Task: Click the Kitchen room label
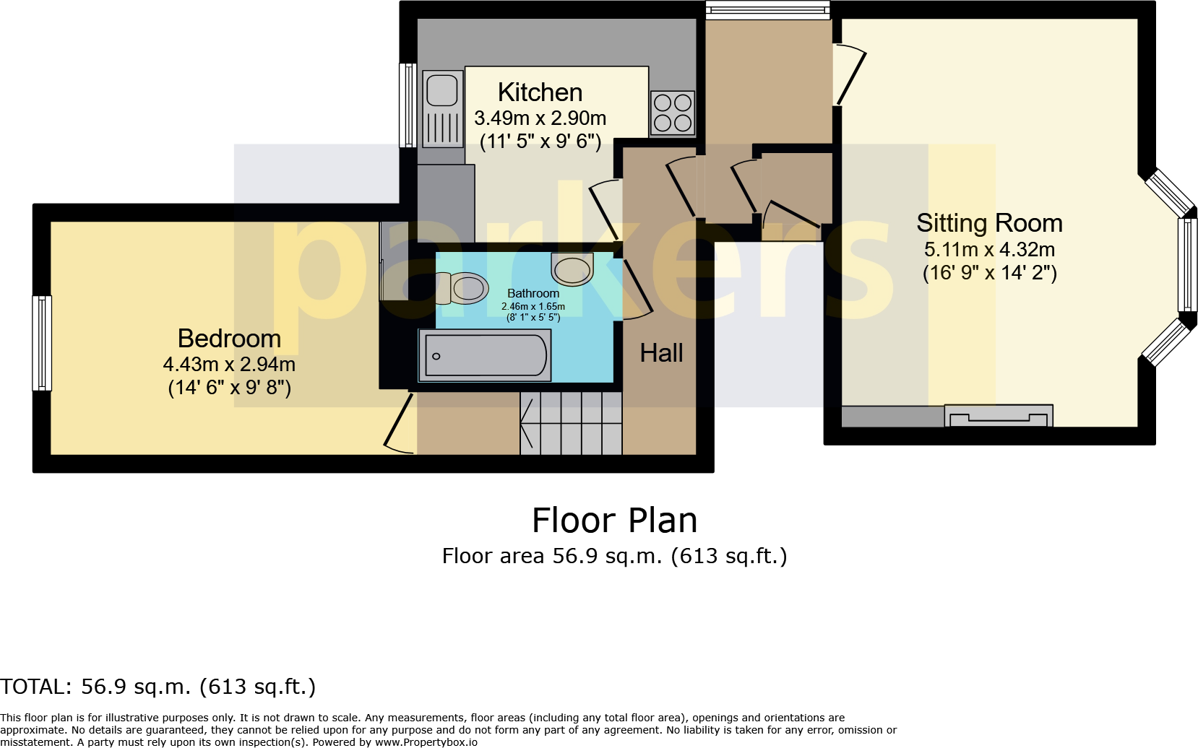[540, 92]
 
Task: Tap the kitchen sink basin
[441, 90]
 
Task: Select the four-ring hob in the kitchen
[673, 113]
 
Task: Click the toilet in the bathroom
[462, 288]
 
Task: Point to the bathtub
[485, 355]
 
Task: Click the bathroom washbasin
[572, 269]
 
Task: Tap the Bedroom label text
[229, 339]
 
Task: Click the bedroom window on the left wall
[43, 343]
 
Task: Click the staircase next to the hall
[571, 423]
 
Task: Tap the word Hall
[661, 353]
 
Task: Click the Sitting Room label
[989, 223]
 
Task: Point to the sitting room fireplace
[999, 417]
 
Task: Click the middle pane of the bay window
[1187, 264]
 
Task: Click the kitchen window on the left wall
[408, 105]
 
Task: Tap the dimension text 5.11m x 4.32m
[989, 250]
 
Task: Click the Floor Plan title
[614, 521]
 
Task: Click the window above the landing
[767, 9]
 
